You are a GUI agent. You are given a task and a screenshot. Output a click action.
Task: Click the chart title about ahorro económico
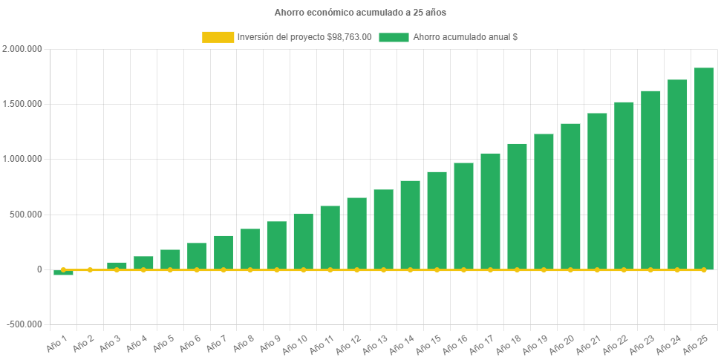tap(360, 13)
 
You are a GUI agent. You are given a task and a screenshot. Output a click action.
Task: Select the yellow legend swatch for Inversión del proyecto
tap(217, 37)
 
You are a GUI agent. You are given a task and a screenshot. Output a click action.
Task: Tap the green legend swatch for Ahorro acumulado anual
tap(394, 37)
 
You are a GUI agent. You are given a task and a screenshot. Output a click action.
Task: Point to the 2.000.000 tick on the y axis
tap(22, 49)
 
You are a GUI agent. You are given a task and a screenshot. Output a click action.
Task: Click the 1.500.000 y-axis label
tap(22, 104)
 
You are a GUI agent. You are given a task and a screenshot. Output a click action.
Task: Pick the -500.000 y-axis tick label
tap(24, 324)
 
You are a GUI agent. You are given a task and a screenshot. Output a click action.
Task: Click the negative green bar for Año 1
tap(63, 273)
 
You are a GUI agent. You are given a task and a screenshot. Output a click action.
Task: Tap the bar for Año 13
tap(383, 229)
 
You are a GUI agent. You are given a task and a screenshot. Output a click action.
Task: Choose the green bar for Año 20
tap(570, 196)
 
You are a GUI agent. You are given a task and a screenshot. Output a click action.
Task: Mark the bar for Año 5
tap(170, 259)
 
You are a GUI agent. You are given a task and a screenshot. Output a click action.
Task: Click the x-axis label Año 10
tap(296, 344)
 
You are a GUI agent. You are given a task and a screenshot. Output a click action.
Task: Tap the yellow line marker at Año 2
tap(90, 270)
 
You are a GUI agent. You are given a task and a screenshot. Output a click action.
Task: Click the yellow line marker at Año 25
tap(703, 270)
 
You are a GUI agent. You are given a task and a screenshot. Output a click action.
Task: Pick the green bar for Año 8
tap(250, 249)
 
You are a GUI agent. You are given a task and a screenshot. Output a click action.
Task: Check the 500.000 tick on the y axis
tap(25, 215)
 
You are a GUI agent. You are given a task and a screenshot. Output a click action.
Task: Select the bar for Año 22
tap(624, 186)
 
